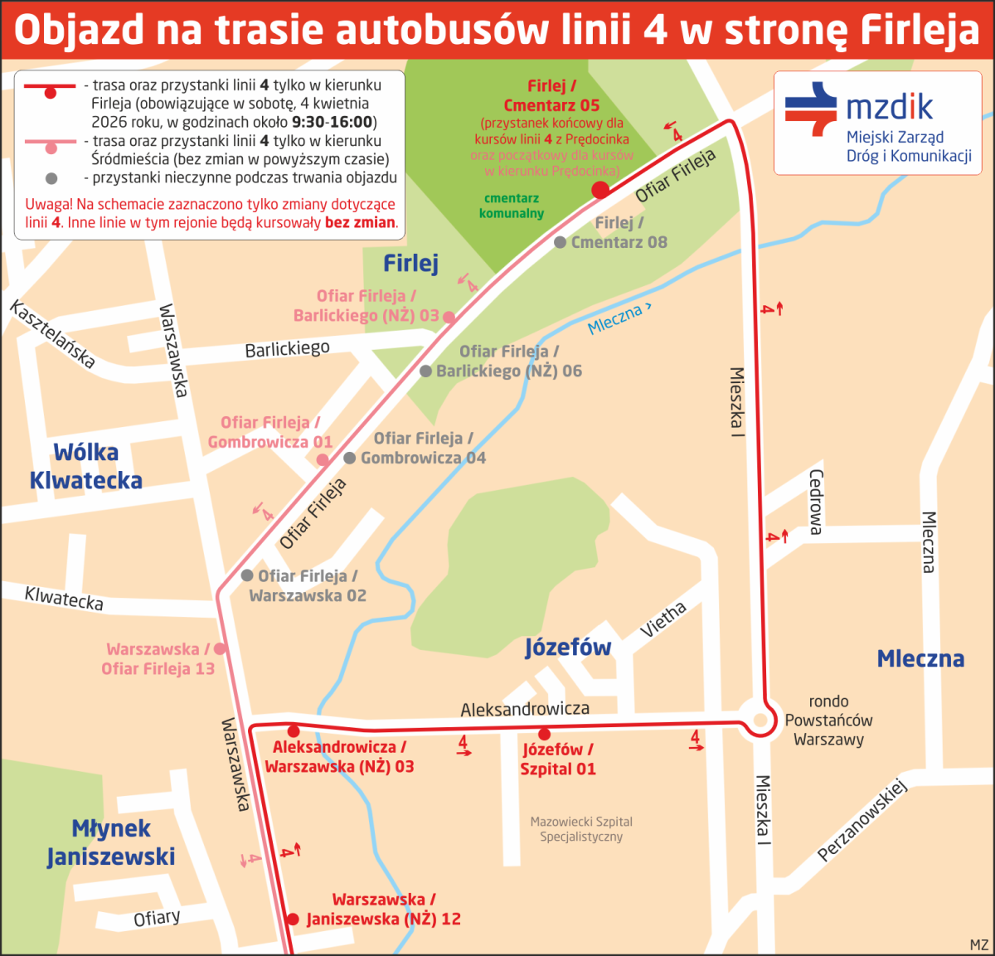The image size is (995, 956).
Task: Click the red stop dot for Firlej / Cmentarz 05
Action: point(600,191)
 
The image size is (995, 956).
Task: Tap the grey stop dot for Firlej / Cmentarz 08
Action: point(561,242)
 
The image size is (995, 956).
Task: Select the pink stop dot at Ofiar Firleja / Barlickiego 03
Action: point(449,317)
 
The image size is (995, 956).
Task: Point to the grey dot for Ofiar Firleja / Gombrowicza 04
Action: point(350,458)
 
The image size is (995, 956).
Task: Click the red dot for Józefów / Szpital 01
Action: point(544,734)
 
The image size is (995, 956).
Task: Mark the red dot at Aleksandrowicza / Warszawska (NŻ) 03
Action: point(293,731)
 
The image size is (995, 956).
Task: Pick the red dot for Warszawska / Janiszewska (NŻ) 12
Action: point(292,919)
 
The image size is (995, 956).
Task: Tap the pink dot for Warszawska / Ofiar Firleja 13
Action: point(220,648)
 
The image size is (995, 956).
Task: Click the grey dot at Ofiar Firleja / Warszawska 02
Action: point(247,575)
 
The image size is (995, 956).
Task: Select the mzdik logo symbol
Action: point(811,109)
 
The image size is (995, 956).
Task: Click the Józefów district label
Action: point(568,648)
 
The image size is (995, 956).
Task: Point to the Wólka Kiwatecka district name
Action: point(86,466)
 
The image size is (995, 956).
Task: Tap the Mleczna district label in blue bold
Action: point(920,659)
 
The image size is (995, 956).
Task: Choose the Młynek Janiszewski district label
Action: point(111,842)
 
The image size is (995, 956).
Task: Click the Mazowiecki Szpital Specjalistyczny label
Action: point(581,829)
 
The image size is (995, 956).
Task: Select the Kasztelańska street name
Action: point(52,334)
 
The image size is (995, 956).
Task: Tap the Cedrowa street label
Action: point(816,502)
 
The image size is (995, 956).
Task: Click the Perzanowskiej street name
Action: point(862,820)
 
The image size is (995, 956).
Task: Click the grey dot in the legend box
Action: point(51,178)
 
